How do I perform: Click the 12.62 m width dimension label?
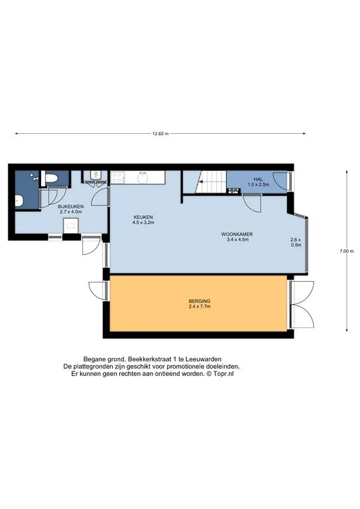coord(160,133)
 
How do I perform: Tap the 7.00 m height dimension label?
coord(346,251)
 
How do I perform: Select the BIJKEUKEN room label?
coord(71,207)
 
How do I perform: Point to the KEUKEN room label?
coord(143,217)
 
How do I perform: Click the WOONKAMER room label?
coord(237,235)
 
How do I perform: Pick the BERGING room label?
coord(200,301)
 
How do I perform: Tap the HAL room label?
coord(259,179)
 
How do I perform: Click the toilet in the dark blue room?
coord(51,178)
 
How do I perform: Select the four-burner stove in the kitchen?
coord(117,178)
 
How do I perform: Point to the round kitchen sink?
coord(143,178)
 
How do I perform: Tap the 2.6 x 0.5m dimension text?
coord(296,243)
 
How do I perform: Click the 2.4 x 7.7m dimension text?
coord(200,306)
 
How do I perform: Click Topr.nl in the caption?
coord(223,374)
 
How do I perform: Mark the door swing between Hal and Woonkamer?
coord(253,203)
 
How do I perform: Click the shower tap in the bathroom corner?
coord(34,176)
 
